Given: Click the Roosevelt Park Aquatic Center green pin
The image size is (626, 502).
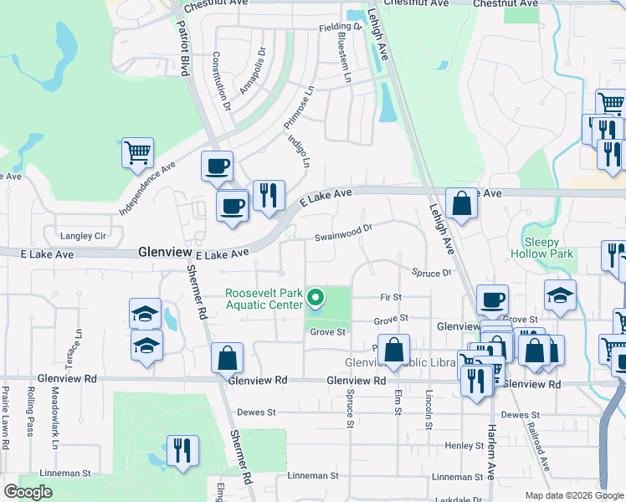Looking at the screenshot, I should pyautogui.click(x=316, y=297).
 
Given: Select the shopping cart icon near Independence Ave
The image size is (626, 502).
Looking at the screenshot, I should pyautogui.click(x=138, y=153).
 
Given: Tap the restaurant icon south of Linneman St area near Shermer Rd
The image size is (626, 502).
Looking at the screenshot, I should pyautogui.click(x=182, y=451).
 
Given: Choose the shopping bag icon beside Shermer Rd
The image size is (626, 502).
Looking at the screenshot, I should pyautogui.click(x=227, y=359).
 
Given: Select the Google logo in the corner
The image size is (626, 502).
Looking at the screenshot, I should pyautogui.click(x=28, y=492).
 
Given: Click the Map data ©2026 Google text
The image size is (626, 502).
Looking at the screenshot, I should pyautogui.click(x=574, y=495).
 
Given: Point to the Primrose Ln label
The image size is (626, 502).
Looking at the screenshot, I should pyautogui.click(x=298, y=105).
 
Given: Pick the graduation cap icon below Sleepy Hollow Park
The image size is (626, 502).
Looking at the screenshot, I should pyautogui.click(x=560, y=295).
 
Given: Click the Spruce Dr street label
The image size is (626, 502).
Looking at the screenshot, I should pyautogui.click(x=432, y=273).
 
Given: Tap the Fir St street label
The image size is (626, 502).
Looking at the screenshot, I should pyautogui.click(x=391, y=297).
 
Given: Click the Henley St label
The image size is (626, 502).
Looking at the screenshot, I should pyautogui.click(x=459, y=445).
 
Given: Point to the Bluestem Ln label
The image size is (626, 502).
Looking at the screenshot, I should pyautogui.click(x=344, y=55).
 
